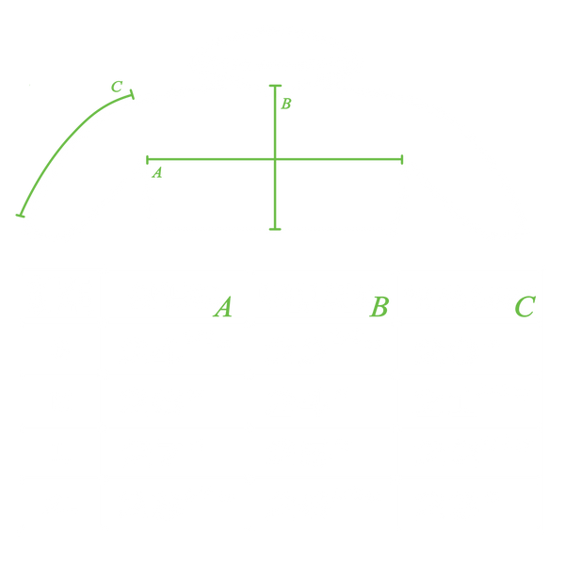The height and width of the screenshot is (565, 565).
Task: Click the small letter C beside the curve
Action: pyautogui.click(x=117, y=87)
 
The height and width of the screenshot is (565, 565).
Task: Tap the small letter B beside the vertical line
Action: pyautogui.click(x=286, y=104)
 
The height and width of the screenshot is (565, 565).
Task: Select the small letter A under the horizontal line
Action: pyautogui.click(x=157, y=172)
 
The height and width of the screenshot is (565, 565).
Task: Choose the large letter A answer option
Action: pyautogui.click(x=222, y=307)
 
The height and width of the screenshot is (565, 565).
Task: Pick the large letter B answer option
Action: pyautogui.click(x=379, y=307)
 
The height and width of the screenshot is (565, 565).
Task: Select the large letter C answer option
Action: pyautogui.click(x=525, y=307)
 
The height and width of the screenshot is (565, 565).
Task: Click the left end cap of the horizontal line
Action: pyautogui.click(x=148, y=160)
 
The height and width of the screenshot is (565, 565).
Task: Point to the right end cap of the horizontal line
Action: pyautogui.click(x=402, y=159)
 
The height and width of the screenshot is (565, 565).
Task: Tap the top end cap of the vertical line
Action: pyautogui.click(x=275, y=86)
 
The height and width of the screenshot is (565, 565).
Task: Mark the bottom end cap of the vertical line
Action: pyautogui.click(x=275, y=229)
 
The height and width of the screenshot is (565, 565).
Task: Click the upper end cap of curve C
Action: pyautogui.click(x=132, y=94)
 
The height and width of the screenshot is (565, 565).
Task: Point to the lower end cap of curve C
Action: pyautogui.click(x=20, y=216)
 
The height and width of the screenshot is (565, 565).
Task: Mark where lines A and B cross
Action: pyautogui.click(x=275, y=159)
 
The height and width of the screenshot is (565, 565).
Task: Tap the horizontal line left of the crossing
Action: pyautogui.click(x=211, y=159)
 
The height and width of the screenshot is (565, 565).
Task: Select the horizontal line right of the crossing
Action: pyautogui.click(x=338, y=159)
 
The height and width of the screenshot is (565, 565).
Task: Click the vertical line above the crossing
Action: pyautogui.click(x=275, y=122)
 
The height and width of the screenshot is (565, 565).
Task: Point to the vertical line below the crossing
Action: pyautogui.click(x=275, y=194)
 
